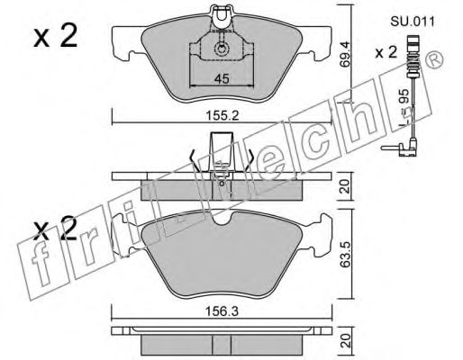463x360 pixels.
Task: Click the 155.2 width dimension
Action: click(222, 115)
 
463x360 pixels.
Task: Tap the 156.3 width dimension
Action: click(222, 311)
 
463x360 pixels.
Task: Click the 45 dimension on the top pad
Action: click(222, 79)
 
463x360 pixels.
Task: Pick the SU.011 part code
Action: click(413, 22)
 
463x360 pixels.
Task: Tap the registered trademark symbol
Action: click(436, 59)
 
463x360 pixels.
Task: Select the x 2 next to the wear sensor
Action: click(386, 53)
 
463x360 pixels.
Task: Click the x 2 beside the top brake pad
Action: click(55, 36)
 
